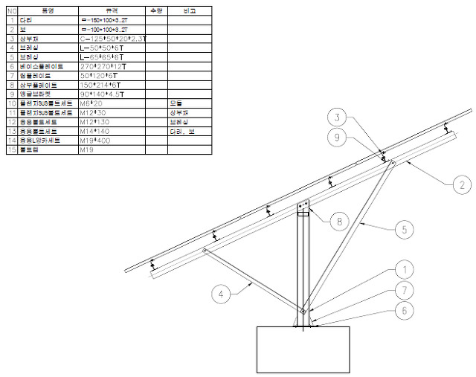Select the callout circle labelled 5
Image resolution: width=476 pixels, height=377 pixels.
point(403,230)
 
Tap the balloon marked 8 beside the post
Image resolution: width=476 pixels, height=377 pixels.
point(340,220)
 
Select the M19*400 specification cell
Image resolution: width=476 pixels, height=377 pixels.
point(112,140)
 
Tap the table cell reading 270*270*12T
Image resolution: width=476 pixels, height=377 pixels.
point(112,66)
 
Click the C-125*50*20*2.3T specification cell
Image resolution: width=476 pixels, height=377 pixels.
point(112,38)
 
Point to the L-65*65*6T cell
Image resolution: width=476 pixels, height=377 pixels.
point(112,57)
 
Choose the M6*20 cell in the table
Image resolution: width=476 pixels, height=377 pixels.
point(112,103)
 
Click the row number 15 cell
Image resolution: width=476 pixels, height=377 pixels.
point(11,149)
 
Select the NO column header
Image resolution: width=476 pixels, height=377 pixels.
point(11,11)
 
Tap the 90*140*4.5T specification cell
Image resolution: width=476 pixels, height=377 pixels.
point(112,94)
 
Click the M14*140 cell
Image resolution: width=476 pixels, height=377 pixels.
point(112,131)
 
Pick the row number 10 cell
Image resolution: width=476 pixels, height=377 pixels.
point(11,103)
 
